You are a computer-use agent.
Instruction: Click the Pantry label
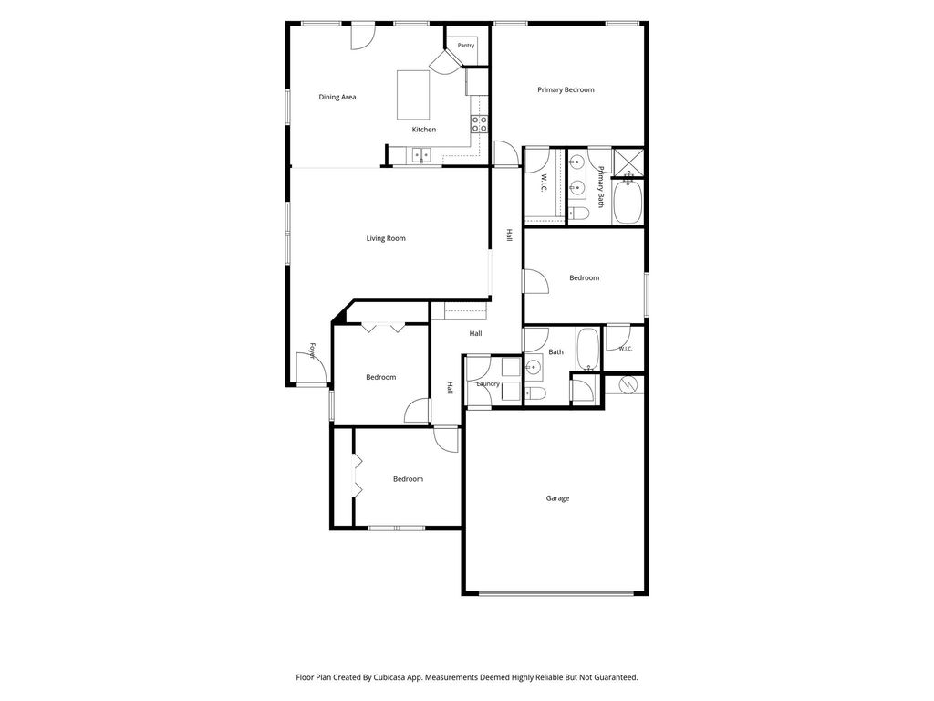coord(466,46)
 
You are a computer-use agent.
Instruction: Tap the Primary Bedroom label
coord(566,90)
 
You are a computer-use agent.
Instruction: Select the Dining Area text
coord(337,97)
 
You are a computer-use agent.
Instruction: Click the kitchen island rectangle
coord(413,95)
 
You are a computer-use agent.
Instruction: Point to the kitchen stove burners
coord(480,124)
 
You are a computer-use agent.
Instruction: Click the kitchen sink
coord(422,155)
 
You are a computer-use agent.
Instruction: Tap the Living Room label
coord(386,238)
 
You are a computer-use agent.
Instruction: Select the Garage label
coord(557,498)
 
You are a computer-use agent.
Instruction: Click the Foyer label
coord(312,351)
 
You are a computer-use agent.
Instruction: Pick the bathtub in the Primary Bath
coord(628,202)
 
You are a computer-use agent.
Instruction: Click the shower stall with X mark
coord(629,162)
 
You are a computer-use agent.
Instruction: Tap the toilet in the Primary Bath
coord(577,213)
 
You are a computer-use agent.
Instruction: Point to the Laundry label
coord(488,384)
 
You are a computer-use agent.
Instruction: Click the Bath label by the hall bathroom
coord(555,351)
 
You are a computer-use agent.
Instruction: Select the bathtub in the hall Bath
coord(588,349)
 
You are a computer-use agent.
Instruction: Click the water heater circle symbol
coord(628,385)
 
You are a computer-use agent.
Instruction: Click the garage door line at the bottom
coord(556,593)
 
